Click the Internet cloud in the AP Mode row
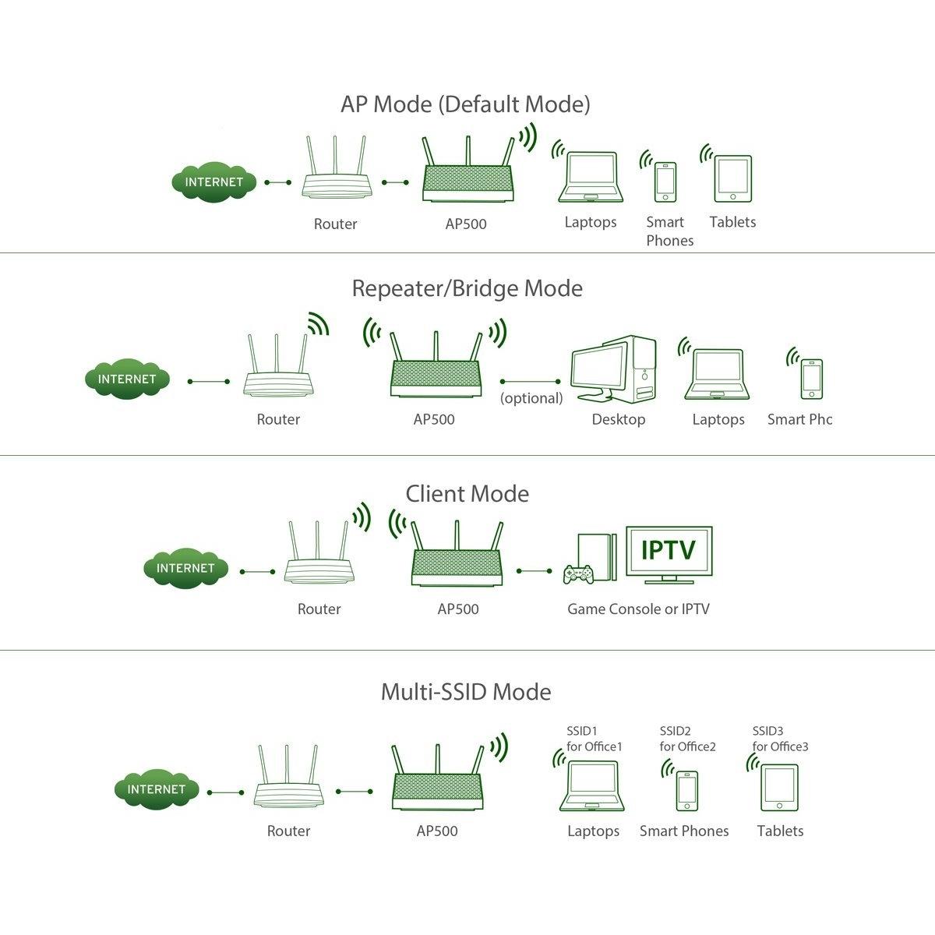pyautogui.click(x=213, y=182)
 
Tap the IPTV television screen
pyautogui.click(x=669, y=551)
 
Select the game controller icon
pyautogui.click(x=578, y=574)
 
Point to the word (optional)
pyautogui.click(x=531, y=398)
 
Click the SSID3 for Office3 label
pyautogui.click(x=780, y=739)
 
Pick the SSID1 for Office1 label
pyautogui.click(x=595, y=739)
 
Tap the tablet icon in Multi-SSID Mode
pyautogui.click(x=779, y=789)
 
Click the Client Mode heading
pyautogui.click(x=467, y=493)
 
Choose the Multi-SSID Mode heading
pyautogui.click(x=466, y=692)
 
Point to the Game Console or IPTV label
pyautogui.click(x=638, y=609)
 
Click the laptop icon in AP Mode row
pyautogui.click(x=591, y=178)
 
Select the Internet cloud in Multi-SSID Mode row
pyautogui.click(x=157, y=789)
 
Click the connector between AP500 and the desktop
pyautogui.click(x=531, y=382)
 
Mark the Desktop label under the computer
pyautogui.click(x=619, y=419)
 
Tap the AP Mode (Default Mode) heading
pyautogui.click(x=465, y=104)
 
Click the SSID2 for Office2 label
pyautogui.click(x=687, y=739)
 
